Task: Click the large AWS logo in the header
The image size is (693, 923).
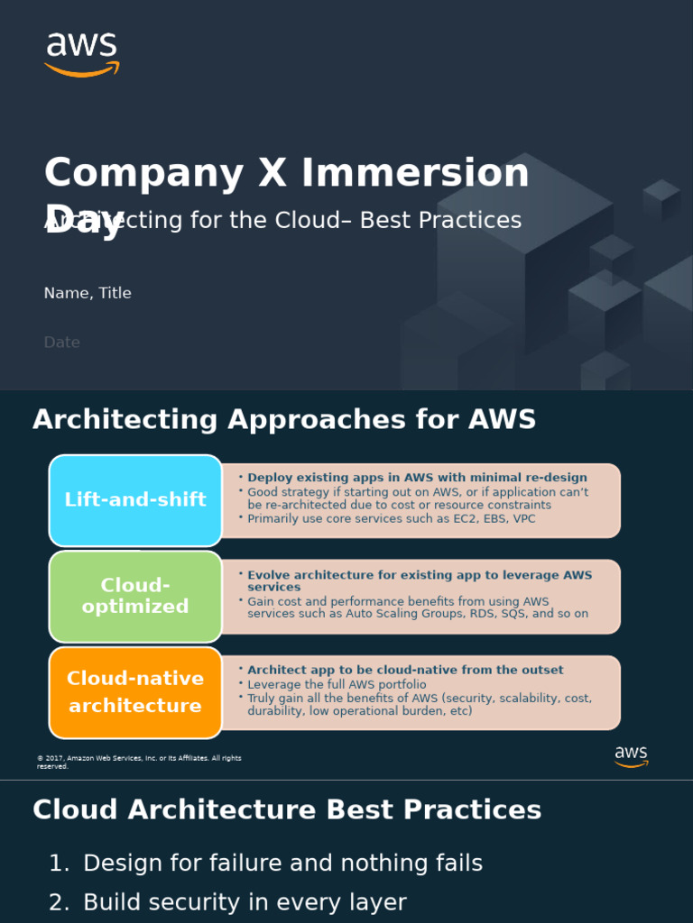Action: tap(81, 54)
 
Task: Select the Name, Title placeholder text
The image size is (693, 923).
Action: tap(88, 293)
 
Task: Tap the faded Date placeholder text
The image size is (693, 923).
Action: tap(61, 343)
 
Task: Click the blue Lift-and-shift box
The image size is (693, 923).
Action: tap(135, 500)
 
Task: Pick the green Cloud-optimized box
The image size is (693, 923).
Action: tap(135, 596)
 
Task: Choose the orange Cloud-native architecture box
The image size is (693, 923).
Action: tap(135, 691)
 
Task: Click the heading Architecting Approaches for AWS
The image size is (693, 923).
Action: tap(284, 419)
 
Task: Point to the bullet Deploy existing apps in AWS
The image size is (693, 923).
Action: tap(417, 478)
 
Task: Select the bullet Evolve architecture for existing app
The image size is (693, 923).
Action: tap(420, 580)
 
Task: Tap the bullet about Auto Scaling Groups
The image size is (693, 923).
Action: tap(417, 608)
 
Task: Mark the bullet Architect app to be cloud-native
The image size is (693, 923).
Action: tap(405, 670)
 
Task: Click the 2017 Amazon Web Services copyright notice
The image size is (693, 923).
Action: tap(139, 762)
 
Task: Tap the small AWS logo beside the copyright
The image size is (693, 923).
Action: tap(631, 756)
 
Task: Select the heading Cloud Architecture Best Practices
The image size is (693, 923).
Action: tap(287, 809)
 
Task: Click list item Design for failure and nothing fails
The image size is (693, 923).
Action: tap(282, 863)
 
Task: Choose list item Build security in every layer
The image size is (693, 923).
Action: tap(245, 902)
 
